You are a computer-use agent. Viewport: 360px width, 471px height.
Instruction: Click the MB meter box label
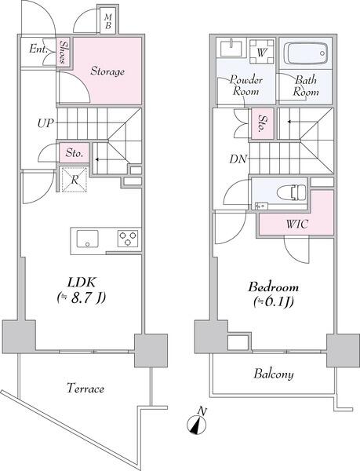point(108,21)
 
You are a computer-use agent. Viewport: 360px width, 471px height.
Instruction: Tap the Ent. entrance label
point(38,49)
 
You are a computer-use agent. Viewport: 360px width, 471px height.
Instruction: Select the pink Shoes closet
point(64,52)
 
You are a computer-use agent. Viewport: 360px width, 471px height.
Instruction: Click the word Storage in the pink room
point(107,71)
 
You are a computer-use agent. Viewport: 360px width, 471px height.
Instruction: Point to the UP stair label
point(45,123)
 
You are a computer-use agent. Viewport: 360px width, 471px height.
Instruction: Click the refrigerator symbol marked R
point(75,179)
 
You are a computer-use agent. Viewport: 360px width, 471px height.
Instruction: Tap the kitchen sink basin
point(87,239)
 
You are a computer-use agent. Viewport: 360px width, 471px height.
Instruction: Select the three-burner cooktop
point(128,239)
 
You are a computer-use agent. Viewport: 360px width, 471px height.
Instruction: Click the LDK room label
point(82,283)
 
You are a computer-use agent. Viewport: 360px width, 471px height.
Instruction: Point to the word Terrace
point(85,388)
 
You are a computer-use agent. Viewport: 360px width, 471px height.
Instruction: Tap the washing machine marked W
point(262,51)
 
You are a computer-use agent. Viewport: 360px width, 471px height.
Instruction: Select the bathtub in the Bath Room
point(306,53)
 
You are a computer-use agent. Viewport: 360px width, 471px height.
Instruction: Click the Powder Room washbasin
point(231,47)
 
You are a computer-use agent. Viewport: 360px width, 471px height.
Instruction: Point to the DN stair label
point(238,159)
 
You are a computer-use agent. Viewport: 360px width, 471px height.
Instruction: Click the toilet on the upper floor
point(291,192)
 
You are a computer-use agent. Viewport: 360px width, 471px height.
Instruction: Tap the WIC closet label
point(297,224)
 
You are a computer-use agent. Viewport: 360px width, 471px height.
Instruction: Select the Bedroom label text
point(273,287)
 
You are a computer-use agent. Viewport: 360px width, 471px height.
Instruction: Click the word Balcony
point(274,374)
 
